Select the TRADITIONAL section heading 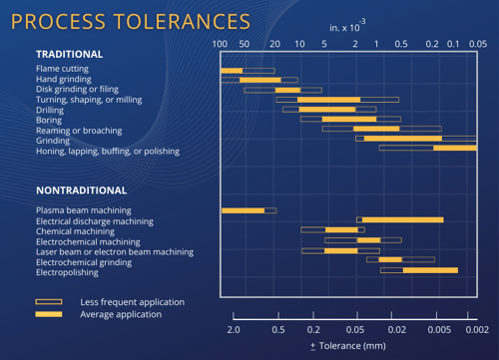pyautogui.click(x=69, y=54)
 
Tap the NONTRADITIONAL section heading pyautogui.click(x=82, y=190)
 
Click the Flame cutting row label pyautogui.click(x=62, y=69)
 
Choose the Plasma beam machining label pyautogui.click(x=85, y=210)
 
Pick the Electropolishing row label pyautogui.click(x=67, y=272)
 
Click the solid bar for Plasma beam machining pyautogui.click(x=243, y=210)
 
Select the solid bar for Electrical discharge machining pyautogui.click(x=402, y=219)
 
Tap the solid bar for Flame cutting pyautogui.click(x=232, y=70)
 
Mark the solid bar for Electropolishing pyautogui.click(x=430, y=269)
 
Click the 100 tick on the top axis pyautogui.click(x=221, y=44)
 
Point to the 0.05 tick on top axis pyautogui.click(x=477, y=44)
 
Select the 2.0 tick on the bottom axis pyautogui.click(x=234, y=329)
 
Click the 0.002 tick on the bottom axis pyautogui.click(x=475, y=329)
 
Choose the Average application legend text pyautogui.click(x=121, y=314)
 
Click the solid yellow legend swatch pyautogui.click(x=48, y=314)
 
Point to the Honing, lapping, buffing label pyautogui.click(x=108, y=152)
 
